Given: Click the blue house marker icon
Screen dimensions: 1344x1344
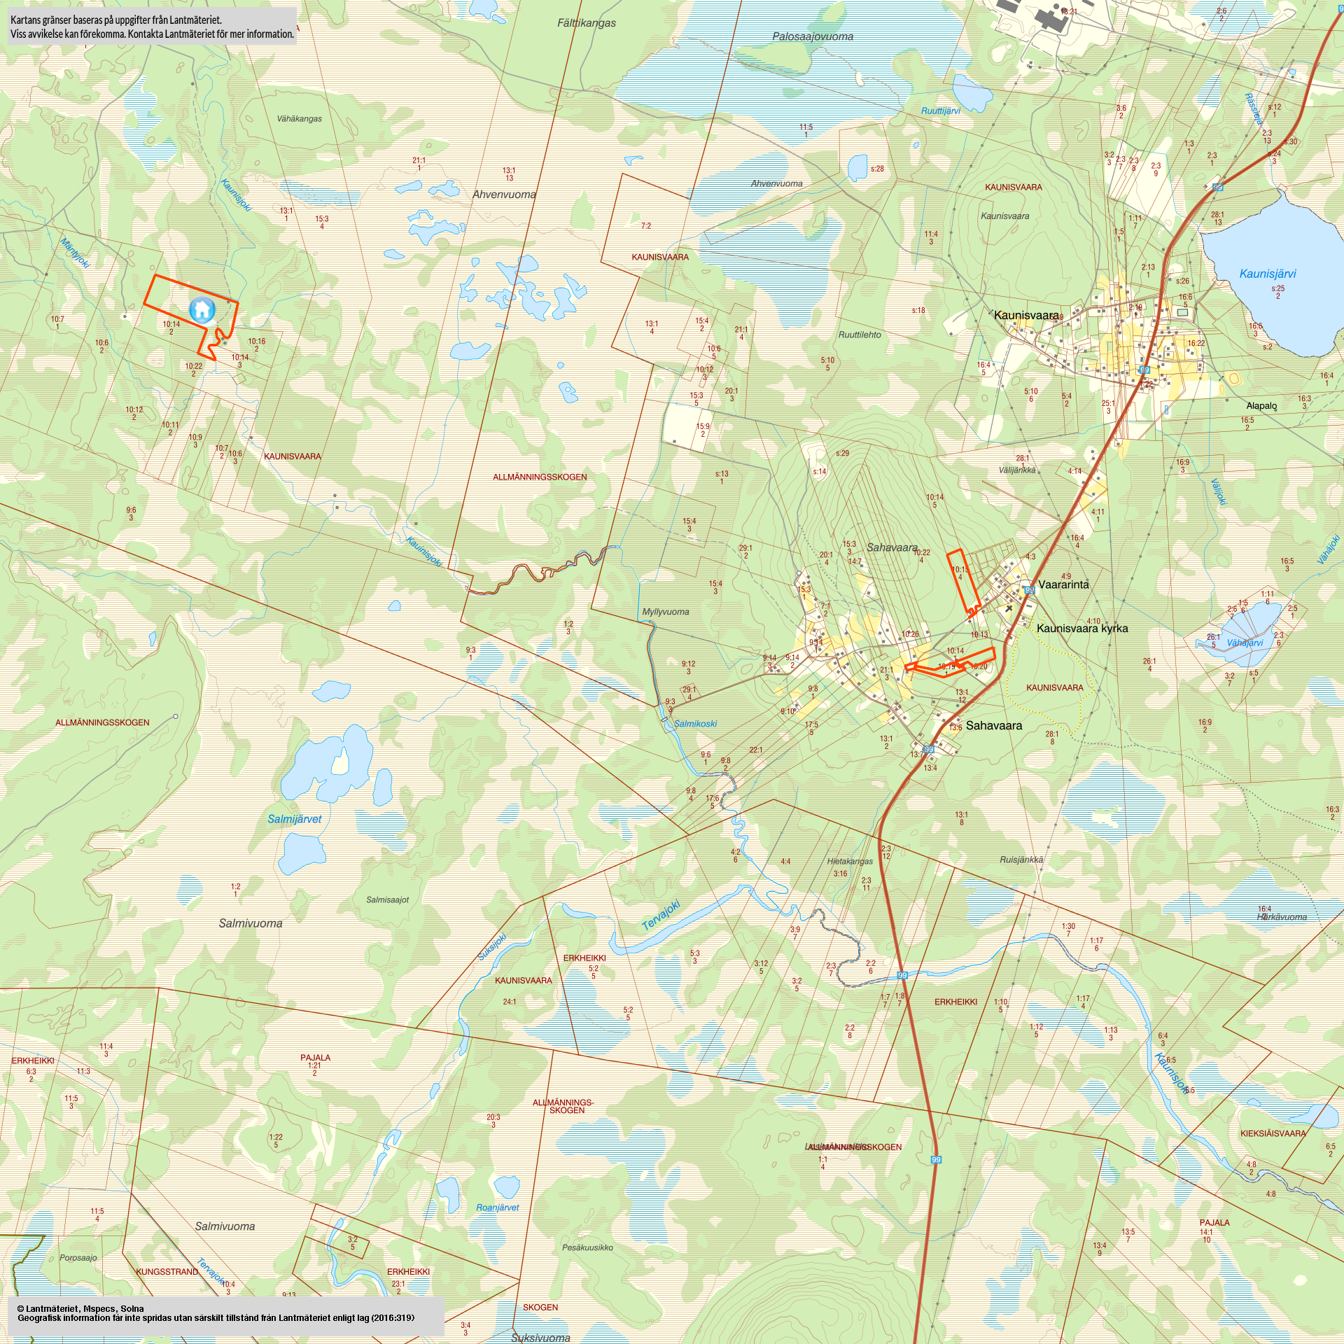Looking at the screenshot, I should [202, 309].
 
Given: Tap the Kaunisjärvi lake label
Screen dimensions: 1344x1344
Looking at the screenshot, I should [1268, 274].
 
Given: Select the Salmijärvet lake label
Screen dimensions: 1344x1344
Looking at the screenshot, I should [295, 819].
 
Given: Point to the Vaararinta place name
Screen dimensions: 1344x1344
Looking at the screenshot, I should [1063, 584].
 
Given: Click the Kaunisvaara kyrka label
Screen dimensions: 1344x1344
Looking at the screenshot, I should [1082, 628].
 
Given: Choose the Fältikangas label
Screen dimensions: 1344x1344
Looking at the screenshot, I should [587, 23].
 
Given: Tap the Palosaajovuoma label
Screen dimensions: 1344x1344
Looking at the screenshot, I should [813, 36].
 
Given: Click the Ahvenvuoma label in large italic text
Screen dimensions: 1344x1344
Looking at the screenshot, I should [504, 195].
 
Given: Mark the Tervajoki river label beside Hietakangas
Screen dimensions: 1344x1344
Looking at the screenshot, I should [661, 915].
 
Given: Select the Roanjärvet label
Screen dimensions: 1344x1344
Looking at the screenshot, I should [498, 1207].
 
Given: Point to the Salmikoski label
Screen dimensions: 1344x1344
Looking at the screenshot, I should [695, 724].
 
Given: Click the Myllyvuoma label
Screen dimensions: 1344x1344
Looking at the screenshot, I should [666, 612].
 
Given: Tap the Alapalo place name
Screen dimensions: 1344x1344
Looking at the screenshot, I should [1261, 406].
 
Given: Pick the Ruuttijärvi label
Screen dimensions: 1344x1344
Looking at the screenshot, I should [941, 111].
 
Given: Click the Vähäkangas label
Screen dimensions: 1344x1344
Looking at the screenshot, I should [300, 119].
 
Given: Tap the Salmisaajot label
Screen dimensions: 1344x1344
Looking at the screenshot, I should [388, 899].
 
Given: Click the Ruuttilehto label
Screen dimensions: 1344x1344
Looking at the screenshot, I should [860, 335].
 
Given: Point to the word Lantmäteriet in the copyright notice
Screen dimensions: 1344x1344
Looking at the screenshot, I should [52, 1308].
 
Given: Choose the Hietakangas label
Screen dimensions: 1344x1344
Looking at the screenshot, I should [850, 861].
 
